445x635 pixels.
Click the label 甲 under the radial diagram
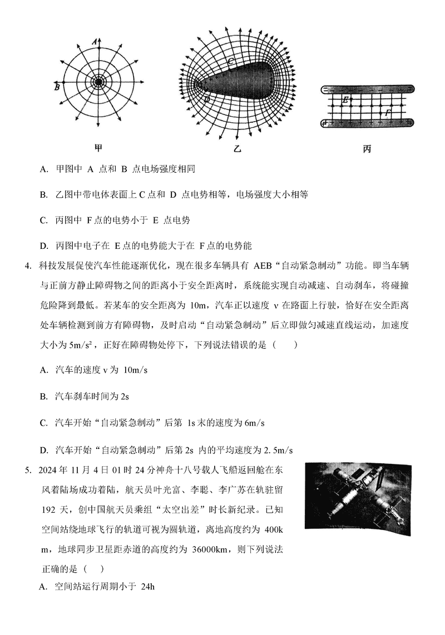98,148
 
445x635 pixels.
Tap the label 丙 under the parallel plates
367,148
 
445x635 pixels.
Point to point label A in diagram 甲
95,41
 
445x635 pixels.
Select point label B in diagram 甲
57,87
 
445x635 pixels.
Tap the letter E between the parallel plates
345,100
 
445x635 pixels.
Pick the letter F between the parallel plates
388,112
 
